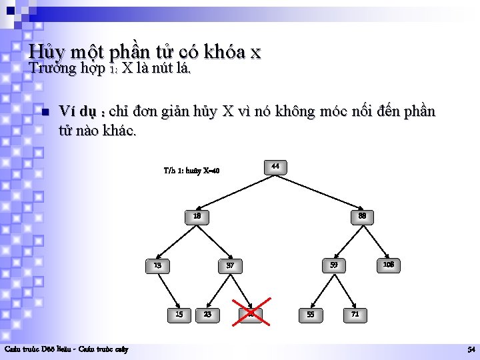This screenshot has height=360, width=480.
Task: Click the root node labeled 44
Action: click(275, 166)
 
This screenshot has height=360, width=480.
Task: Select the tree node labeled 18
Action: click(197, 216)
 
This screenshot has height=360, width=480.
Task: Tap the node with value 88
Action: click(362, 216)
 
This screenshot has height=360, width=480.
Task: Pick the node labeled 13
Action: click(157, 265)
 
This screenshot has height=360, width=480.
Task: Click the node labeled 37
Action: click(230, 265)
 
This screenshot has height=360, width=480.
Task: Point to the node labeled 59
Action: click(333, 265)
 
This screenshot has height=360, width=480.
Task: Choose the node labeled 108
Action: click(388, 265)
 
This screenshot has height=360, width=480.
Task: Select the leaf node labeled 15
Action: click(179, 313)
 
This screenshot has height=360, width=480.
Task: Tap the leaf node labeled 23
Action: click(208, 313)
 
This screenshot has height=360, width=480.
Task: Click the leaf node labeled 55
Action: click(310, 313)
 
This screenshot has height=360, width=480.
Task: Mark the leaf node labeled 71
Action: click(355, 313)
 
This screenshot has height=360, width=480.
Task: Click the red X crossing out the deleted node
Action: click(251, 313)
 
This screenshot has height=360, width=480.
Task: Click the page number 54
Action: click(471, 349)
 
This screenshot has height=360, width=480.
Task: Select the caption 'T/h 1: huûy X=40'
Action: click(191, 171)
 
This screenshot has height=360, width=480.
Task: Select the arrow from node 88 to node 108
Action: click(376, 241)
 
